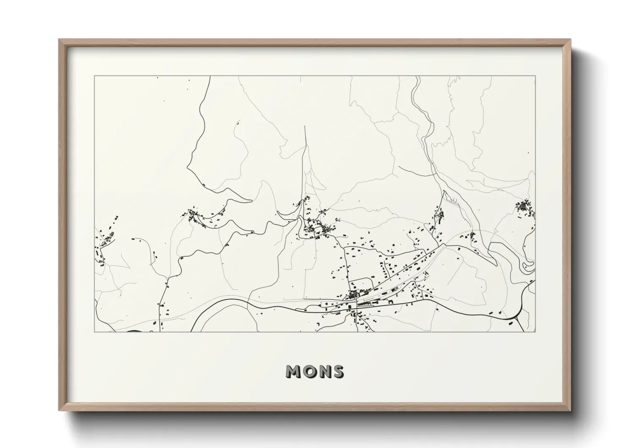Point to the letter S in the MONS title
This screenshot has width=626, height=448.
338,372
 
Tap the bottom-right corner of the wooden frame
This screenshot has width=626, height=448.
570,410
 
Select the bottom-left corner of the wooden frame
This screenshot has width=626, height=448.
60,410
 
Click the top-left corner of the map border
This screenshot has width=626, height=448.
94,76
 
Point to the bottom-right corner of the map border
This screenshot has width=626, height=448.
535,332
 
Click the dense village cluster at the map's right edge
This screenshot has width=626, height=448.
525,207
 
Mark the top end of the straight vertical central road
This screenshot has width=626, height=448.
305,126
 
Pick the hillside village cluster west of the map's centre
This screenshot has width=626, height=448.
195,215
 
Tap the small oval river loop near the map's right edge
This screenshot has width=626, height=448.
528,266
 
